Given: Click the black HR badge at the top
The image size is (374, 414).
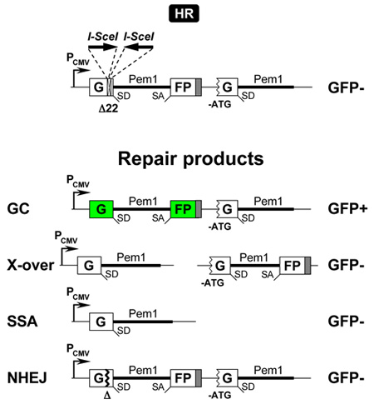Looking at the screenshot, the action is (184, 13).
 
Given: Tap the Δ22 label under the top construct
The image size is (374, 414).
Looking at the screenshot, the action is (108, 108).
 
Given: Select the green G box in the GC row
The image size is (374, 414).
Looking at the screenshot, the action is (101, 209).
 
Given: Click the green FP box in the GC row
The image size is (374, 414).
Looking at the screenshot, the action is (183, 209).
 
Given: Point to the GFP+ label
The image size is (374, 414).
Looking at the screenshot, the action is (347, 209).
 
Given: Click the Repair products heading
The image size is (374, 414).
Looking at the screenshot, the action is (191, 159).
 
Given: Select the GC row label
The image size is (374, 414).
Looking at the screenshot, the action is (18, 209).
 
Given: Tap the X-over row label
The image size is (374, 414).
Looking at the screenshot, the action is (31, 265).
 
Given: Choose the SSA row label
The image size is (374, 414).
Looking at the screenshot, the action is (22, 322).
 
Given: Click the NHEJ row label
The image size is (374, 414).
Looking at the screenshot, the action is (27, 378).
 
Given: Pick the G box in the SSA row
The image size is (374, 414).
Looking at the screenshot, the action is (101, 322).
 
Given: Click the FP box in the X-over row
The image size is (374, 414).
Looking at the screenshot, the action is (292, 266).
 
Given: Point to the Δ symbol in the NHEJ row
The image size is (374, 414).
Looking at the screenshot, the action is (107, 396).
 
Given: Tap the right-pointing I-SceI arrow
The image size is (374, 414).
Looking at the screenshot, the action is (103, 47).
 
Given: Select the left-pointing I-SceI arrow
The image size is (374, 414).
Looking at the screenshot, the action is (139, 47).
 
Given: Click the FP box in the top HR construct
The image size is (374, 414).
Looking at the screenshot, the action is (183, 87).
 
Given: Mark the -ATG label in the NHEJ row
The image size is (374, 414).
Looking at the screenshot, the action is (219, 395).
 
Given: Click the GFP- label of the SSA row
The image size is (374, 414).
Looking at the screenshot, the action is (346, 322).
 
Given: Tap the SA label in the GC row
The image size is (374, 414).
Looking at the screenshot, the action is (158, 218).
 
